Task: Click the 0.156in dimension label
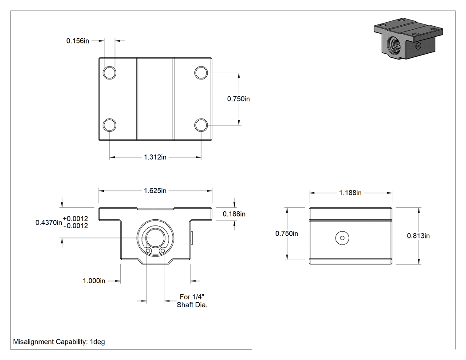click(x=78, y=41)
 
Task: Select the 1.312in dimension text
click(x=155, y=157)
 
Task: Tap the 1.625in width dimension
click(x=155, y=190)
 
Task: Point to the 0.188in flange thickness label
click(x=234, y=214)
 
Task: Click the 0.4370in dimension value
click(x=49, y=222)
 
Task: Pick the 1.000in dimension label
click(x=94, y=281)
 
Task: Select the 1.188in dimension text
click(x=351, y=193)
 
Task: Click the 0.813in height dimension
click(x=418, y=236)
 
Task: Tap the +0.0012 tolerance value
click(x=75, y=218)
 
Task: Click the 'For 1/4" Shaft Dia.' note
click(x=192, y=301)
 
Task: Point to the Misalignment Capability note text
click(x=59, y=341)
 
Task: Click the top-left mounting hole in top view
click(x=109, y=72)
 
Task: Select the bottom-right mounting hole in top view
click(x=201, y=125)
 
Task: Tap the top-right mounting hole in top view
click(x=201, y=72)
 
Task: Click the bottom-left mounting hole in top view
click(x=109, y=125)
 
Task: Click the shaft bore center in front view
click(x=155, y=238)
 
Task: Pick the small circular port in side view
click(x=342, y=238)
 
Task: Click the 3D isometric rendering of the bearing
click(x=408, y=38)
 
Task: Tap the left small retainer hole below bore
click(x=148, y=252)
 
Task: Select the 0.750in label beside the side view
click(x=287, y=233)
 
